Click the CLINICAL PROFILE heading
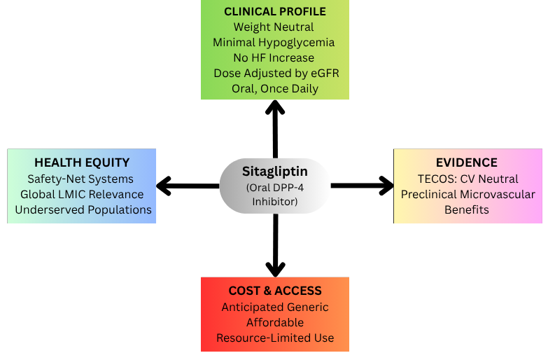[x=274, y=12]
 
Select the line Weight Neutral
[x=274, y=27]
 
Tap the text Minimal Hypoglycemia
[x=274, y=43]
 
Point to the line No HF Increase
[x=274, y=58]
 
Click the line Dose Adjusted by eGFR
[x=274, y=74]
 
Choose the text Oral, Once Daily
[x=274, y=89]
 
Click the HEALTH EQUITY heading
[x=82, y=162]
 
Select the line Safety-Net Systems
[x=82, y=179]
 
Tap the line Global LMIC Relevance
[x=82, y=194]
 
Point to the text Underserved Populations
[x=82, y=209]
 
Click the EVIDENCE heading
[x=468, y=162]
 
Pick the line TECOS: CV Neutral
[x=468, y=179]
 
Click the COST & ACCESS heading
[x=275, y=291]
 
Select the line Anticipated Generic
[x=275, y=307]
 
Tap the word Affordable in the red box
[x=275, y=322]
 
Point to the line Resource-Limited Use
[x=275, y=338]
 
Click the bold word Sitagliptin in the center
[x=275, y=172]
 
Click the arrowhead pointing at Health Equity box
[x=164, y=186]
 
